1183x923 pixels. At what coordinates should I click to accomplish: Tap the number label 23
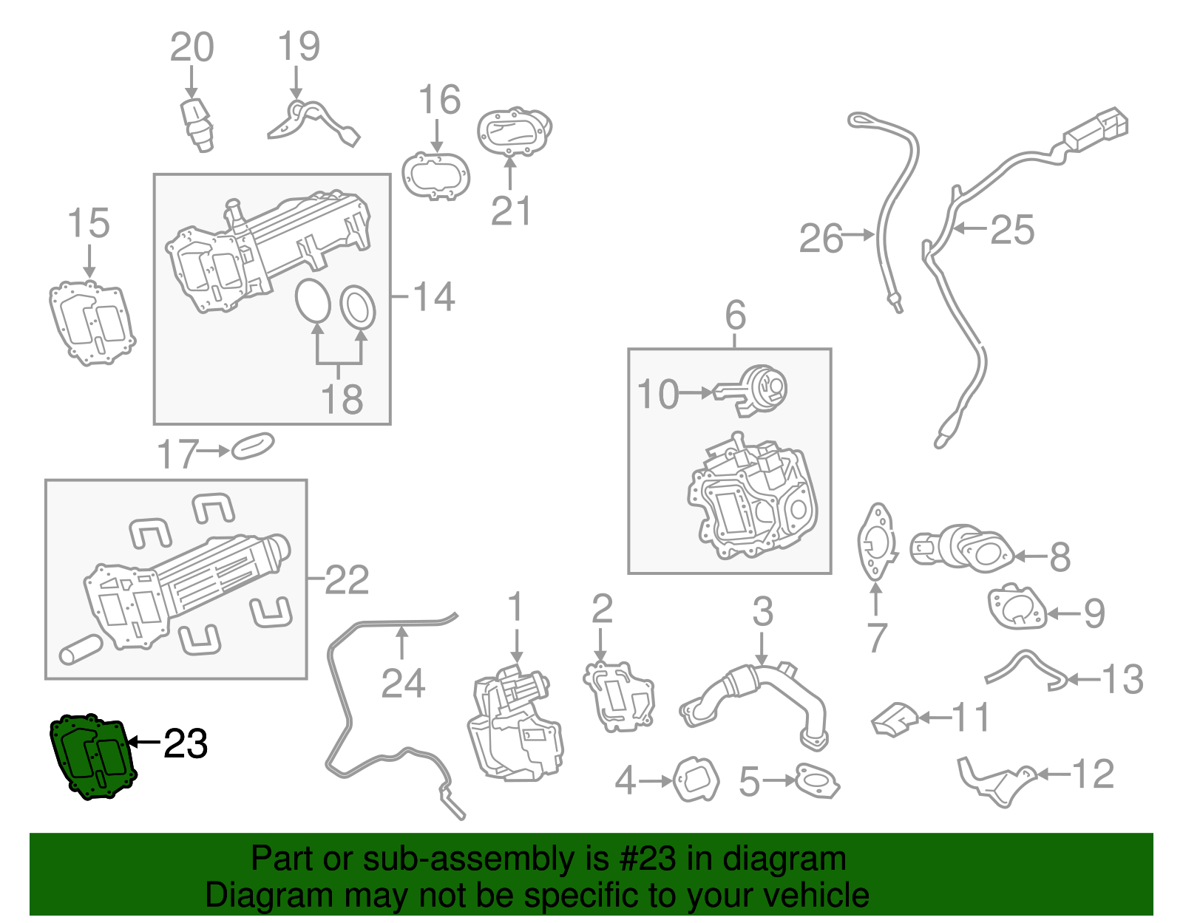coord(186,743)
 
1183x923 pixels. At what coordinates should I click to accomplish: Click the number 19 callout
coord(299,47)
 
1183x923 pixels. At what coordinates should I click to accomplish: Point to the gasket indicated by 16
coord(436,176)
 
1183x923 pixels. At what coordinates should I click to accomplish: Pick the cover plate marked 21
coord(513,132)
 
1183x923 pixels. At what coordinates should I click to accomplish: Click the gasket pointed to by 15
coord(92,324)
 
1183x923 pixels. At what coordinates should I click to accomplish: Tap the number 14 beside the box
coord(434,296)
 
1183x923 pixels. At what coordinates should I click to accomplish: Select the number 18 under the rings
coord(342,399)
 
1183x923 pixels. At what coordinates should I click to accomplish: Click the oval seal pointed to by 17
coord(253,446)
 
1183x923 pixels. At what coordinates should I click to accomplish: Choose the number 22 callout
coord(347,580)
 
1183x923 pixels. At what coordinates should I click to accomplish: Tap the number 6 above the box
coord(735,316)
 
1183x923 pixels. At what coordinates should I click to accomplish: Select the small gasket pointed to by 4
coord(696,780)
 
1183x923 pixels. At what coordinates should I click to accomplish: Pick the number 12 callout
coord(1093,774)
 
